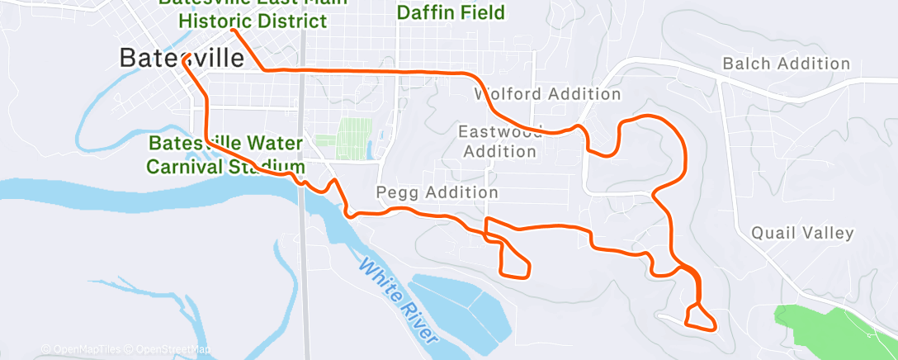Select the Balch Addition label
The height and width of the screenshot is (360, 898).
pos(785,64)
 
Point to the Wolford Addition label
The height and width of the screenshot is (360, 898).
pos(547,94)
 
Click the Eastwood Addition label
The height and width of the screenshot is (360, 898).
pos(500,141)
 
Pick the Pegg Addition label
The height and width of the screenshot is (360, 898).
pos(437,192)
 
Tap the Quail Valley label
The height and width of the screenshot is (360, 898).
pos(802,234)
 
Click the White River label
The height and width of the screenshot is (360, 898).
pos(398,298)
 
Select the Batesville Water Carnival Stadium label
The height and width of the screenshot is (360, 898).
pos(225,154)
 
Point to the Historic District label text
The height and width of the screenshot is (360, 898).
pos(253,20)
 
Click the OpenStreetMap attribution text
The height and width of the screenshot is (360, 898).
pos(173,349)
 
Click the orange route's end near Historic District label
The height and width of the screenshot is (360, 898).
pos(234,31)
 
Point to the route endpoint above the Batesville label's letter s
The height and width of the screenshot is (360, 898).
pos(187,55)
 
